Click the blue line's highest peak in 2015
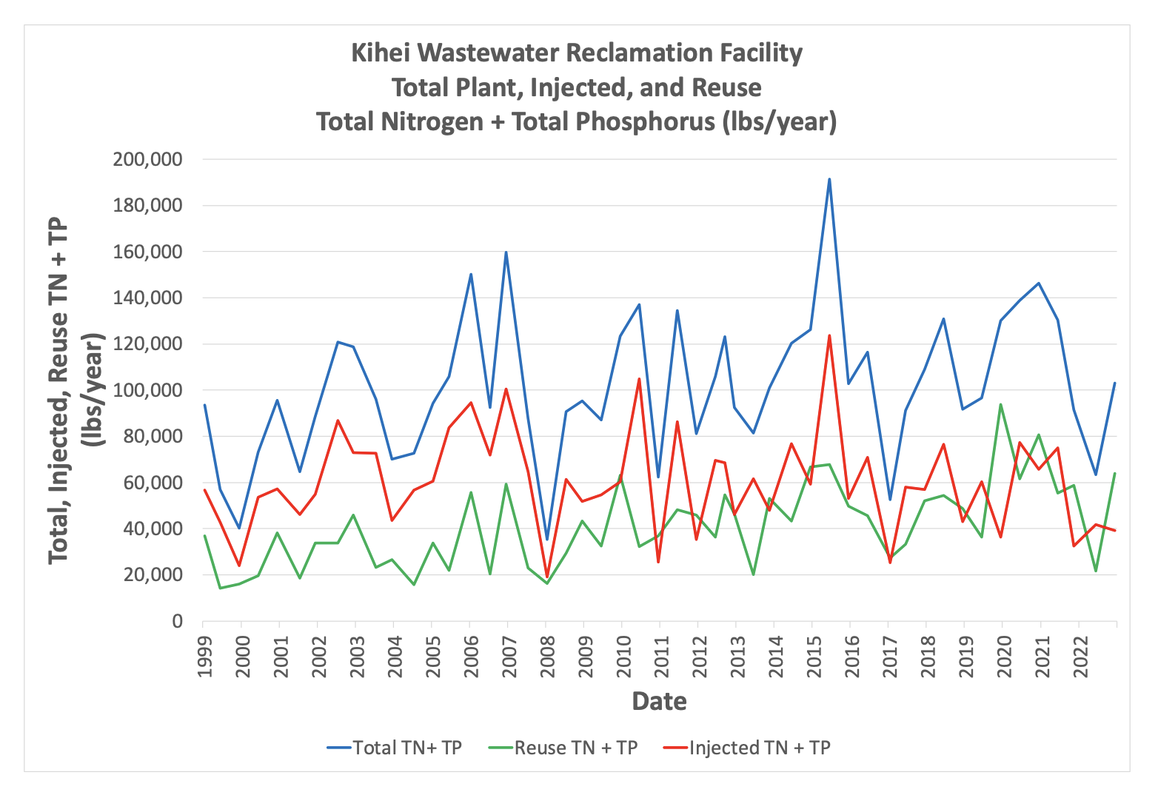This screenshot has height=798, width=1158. coord(829,179)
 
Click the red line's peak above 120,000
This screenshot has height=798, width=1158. coord(829,336)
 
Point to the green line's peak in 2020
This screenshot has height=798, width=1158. coord(1001,404)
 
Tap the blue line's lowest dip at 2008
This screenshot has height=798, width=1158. coord(546,539)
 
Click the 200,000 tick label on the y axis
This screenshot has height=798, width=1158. coord(147,159)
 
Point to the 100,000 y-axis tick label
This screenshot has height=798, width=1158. coord(147,390)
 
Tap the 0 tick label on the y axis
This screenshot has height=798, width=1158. coord(177,621)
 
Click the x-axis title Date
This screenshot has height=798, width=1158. coord(659,701)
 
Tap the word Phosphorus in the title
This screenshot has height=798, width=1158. coord(612,121)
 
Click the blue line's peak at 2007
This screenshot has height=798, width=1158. coord(506,252)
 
